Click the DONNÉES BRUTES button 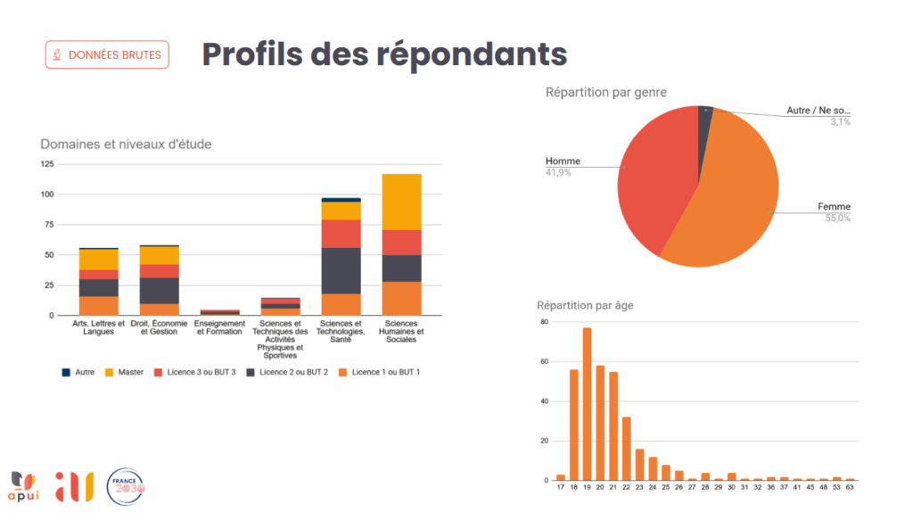click(x=107, y=54)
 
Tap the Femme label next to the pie click(x=834, y=207)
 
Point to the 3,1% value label click(x=840, y=121)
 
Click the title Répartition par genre click(x=605, y=92)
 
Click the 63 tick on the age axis click(x=850, y=488)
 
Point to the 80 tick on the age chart click(x=544, y=321)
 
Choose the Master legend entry click(x=124, y=372)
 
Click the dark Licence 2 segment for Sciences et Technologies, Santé click(x=341, y=270)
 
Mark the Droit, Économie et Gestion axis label click(x=159, y=327)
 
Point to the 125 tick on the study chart click(x=46, y=164)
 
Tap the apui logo click(x=24, y=485)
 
